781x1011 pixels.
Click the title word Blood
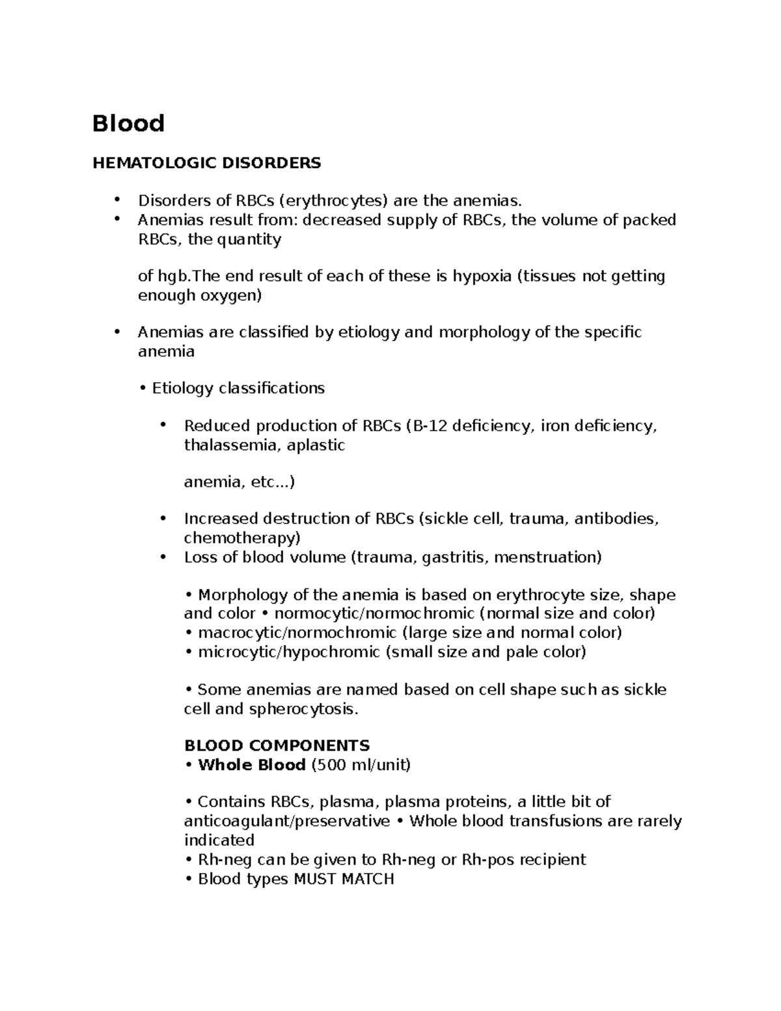point(128,122)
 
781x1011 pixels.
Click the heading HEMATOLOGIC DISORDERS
point(206,163)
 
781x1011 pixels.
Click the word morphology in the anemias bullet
point(484,333)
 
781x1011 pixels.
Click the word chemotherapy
point(241,538)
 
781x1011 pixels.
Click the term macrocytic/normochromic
point(297,633)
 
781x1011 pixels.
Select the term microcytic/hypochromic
point(290,652)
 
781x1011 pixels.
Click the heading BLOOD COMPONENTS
point(277,745)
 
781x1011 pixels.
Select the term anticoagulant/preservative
point(287,821)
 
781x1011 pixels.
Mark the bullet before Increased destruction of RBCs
point(163,518)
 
